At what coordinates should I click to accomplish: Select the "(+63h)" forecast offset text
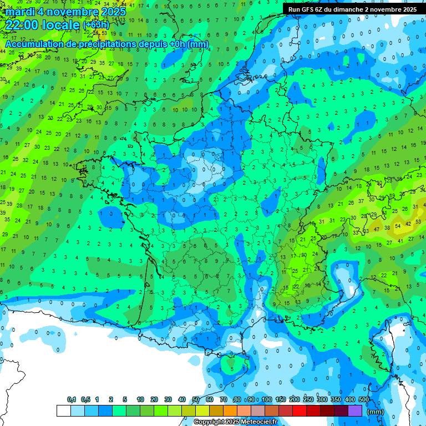pyautogui.click(x=97, y=25)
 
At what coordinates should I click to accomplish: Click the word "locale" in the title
pyautogui.click(x=62, y=24)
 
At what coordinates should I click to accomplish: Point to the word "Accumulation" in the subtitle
pyautogui.click(x=35, y=44)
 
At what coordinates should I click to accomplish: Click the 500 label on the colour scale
pyautogui.click(x=364, y=399)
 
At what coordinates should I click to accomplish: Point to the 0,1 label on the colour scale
pyautogui.click(x=72, y=399)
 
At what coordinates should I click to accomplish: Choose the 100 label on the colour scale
pyautogui.click(x=267, y=399)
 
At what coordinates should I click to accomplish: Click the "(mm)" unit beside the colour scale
pyautogui.click(x=376, y=412)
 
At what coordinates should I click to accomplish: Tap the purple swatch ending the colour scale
pyautogui.click(x=355, y=410)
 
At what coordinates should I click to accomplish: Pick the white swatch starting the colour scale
pyautogui.click(x=63, y=410)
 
